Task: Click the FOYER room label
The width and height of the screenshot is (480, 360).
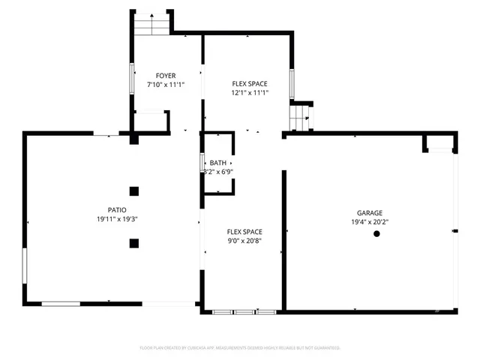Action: (166, 76)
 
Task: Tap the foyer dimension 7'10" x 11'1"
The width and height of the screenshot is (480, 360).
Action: (166, 85)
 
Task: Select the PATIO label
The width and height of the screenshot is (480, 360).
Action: (116, 210)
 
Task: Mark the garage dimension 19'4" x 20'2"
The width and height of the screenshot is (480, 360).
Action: (369, 222)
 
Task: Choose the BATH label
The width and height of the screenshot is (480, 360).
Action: (218, 163)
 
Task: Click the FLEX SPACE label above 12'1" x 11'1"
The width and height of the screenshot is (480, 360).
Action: (250, 83)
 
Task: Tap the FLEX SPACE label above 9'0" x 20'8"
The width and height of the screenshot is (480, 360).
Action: (244, 232)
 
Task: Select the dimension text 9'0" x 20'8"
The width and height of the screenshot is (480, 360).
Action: (244, 241)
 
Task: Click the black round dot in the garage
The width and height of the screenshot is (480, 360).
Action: (376, 234)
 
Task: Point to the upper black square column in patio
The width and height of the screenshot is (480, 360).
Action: (133, 190)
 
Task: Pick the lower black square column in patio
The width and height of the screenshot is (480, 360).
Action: (133, 242)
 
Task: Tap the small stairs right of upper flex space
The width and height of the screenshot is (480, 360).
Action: (300, 116)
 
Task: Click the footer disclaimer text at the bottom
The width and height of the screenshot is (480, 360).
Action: (240, 348)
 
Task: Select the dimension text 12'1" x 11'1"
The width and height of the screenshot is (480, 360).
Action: (250, 93)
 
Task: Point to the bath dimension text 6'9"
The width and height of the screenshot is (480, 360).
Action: (225, 172)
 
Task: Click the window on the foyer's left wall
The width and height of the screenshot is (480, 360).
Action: (133, 79)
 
